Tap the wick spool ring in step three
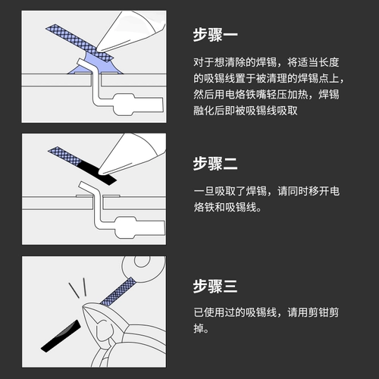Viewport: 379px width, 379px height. (144, 265)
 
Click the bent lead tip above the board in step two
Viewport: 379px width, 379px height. (83, 186)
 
